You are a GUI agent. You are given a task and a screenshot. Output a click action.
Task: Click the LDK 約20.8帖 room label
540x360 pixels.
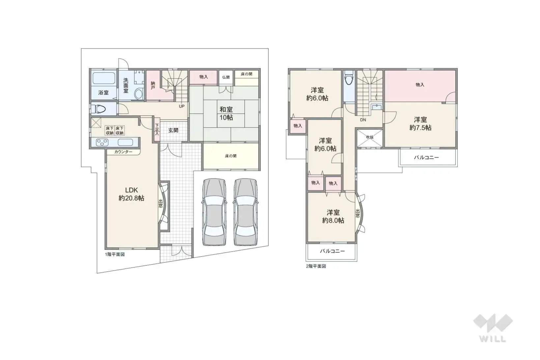(x=131, y=194)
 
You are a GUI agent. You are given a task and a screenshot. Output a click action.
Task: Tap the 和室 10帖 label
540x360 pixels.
(x=226, y=114)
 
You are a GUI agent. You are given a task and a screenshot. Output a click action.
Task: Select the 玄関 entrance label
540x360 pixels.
(x=173, y=130)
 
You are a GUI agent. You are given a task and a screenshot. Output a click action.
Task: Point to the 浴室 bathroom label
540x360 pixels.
(x=103, y=93)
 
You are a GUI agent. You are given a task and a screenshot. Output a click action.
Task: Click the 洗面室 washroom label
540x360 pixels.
(x=126, y=85)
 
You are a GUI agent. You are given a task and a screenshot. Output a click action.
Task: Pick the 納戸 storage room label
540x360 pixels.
(x=153, y=86)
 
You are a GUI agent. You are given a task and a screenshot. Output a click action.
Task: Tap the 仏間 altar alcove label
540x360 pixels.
(x=226, y=77)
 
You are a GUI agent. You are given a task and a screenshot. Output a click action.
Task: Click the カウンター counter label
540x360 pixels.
(x=123, y=152)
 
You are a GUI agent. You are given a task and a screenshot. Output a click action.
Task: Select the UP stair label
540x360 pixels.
(x=182, y=106)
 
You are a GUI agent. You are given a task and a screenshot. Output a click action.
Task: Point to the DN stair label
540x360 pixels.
(x=363, y=120)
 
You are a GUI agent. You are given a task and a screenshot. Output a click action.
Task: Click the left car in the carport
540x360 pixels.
(x=214, y=212)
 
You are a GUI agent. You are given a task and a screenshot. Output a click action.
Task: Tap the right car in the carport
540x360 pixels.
(x=245, y=212)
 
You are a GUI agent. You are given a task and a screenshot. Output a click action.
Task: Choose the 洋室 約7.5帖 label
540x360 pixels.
(x=420, y=124)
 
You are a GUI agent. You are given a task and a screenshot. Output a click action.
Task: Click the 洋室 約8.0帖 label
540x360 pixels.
(x=333, y=216)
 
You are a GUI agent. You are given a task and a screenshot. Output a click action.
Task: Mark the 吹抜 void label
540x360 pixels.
(x=370, y=137)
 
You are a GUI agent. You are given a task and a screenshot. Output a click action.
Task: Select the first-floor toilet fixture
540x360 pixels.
(x=99, y=109)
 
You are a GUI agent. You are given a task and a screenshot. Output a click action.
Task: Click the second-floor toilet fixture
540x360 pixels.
(x=349, y=78)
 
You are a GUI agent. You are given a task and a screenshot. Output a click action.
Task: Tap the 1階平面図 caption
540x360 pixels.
(x=115, y=255)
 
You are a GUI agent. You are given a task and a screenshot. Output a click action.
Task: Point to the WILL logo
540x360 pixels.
(x=493, y=328)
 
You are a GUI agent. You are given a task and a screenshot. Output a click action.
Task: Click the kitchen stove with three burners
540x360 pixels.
(x=102, y=142)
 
